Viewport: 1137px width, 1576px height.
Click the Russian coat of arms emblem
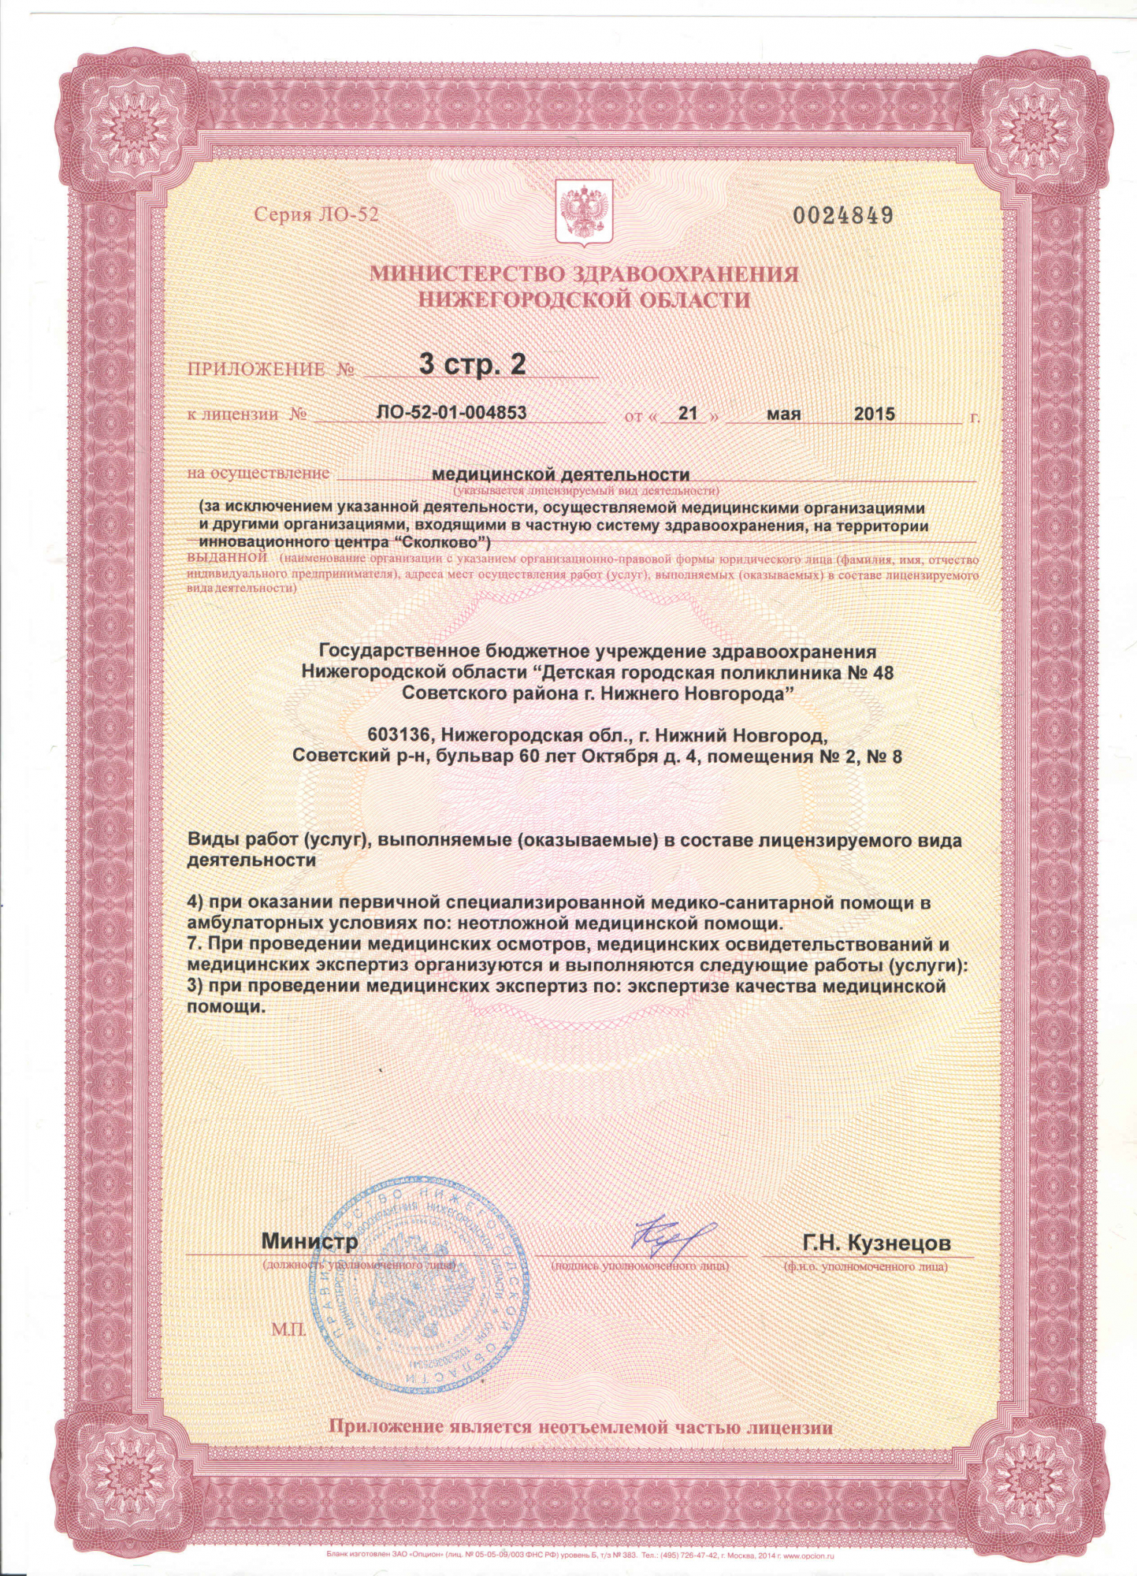click(584, 211)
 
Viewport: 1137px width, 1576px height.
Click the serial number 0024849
click(842, 215)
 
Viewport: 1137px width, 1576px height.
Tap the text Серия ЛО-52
click(316, 215)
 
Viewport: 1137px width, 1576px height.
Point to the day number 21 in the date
click(689, 413)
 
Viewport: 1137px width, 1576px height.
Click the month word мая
click(783, 414)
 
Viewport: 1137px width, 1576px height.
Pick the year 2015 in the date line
click(875, 414)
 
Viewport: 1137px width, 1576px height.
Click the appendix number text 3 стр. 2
click(472, 364)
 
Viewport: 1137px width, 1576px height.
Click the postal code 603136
click(400, 735)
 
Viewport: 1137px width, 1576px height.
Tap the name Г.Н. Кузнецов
click(876, 1243)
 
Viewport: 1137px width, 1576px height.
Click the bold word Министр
click(310, 1241)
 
